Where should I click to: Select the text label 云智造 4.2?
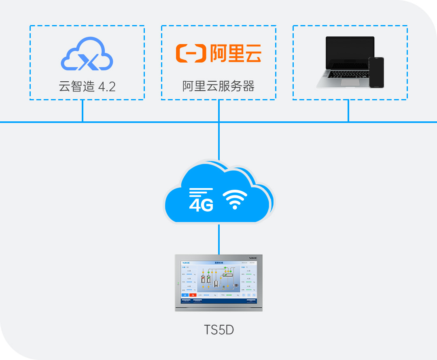tap(87, 86)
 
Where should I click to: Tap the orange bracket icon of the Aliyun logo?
tap(191, 53)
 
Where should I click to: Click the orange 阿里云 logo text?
tap(235, 53)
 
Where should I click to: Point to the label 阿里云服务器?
tap(218, 86)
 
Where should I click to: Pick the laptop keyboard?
tap(346, 75)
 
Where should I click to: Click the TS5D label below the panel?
tap(219, 330)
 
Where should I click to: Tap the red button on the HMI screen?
tap(193, 295)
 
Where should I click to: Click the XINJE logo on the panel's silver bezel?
tap(252, 257)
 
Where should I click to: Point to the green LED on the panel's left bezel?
tap(178, 283)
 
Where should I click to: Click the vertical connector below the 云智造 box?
tap(83, 110)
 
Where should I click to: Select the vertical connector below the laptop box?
tap(348, 110)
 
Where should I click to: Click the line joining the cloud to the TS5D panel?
tap(219, 239)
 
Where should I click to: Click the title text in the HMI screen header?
tap(219, 263)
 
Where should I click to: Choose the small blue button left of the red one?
tap(185, 295)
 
